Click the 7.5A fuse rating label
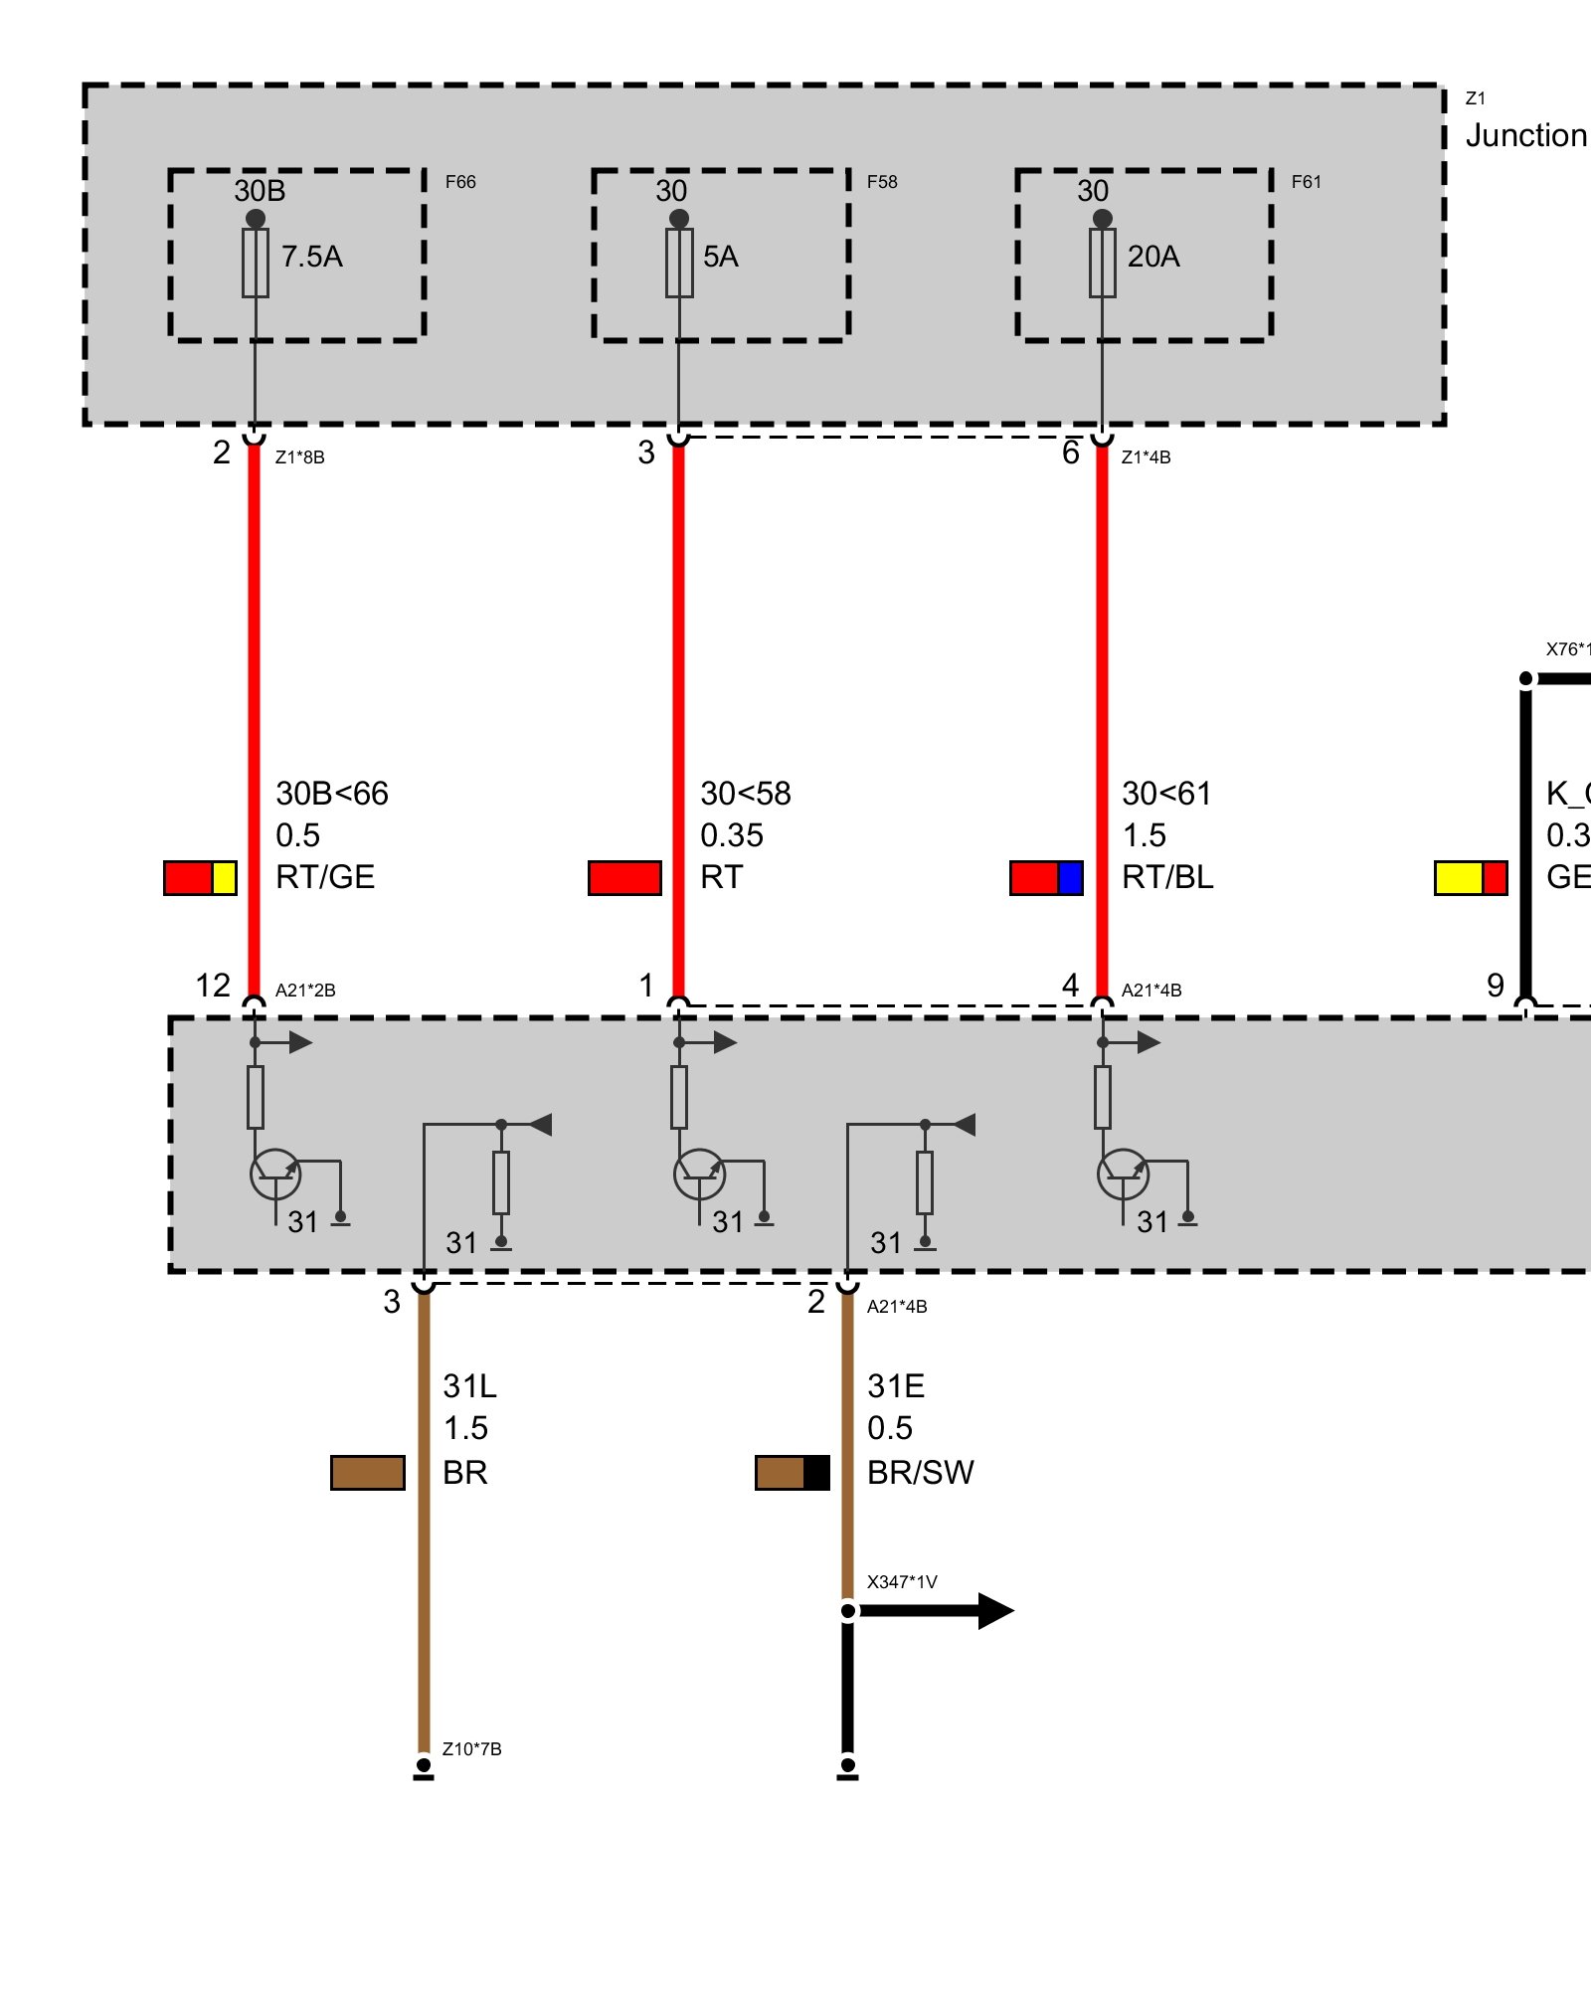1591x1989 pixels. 311,257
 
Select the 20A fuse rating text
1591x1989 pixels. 1153,257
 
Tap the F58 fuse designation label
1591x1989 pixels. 881,182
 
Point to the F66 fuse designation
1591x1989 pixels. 460,182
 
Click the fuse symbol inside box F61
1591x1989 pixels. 1102,263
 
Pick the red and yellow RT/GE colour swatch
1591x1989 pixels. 200,878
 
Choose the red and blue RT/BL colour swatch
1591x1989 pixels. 1046,878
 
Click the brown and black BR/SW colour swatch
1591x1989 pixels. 792,1473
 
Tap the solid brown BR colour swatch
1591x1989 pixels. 368,1473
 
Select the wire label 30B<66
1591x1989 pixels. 332,794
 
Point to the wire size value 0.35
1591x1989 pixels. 732,835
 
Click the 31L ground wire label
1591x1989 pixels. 469,1386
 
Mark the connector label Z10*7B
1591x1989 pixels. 471,1748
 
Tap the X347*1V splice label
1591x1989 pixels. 902,1582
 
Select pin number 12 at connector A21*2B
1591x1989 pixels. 213,986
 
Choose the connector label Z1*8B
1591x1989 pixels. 299,457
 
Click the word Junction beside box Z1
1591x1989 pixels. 1526,135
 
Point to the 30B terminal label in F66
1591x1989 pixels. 260,191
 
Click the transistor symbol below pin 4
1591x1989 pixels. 1123,1175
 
